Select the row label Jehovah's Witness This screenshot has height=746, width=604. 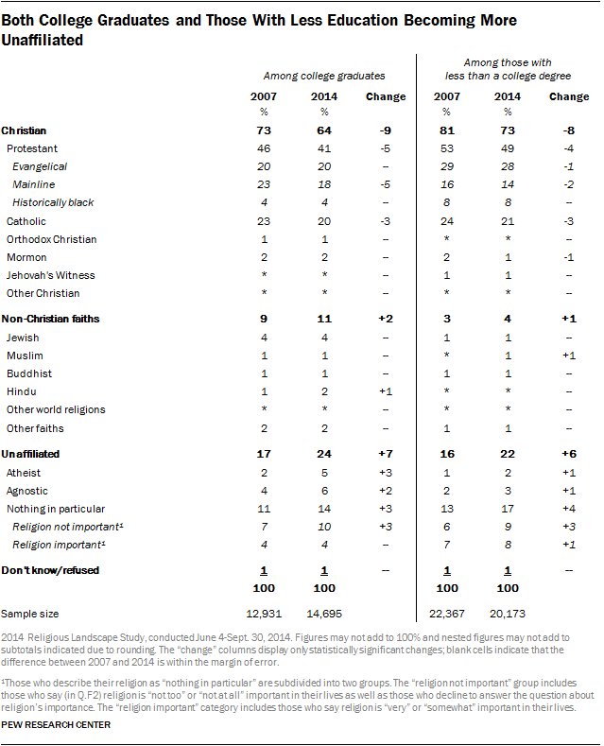43,275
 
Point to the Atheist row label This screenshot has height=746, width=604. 24,473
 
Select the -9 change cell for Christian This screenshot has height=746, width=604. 385,130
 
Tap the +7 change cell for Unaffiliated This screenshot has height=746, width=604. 385,455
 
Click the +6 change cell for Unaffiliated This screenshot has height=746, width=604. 569,455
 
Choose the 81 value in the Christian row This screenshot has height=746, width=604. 448,130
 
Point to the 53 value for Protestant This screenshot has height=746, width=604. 448,149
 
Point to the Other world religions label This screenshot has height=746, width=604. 55,409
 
